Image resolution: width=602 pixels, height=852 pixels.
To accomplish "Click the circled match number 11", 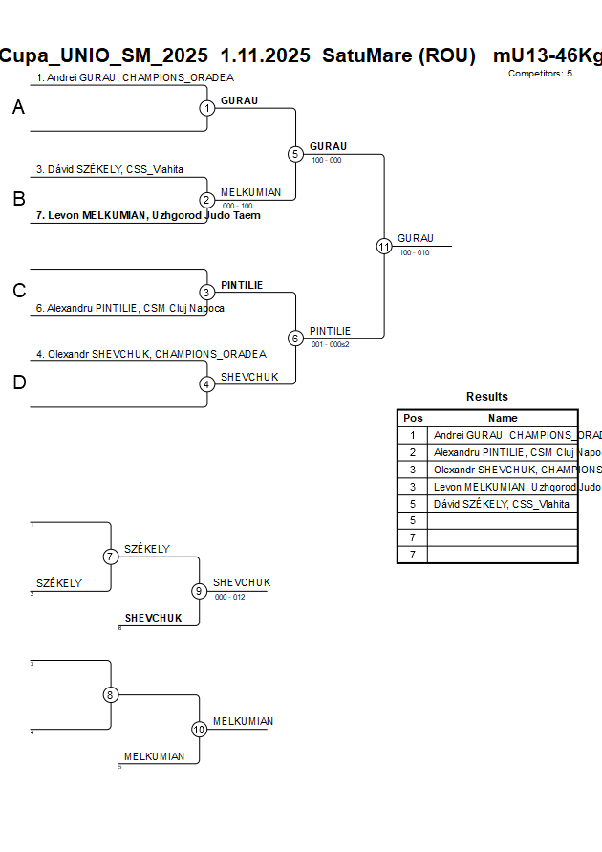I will (x=384, y=247).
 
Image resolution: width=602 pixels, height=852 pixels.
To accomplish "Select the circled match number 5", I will (x=295, y=154).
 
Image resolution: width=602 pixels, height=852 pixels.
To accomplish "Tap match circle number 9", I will (x=199, y=591).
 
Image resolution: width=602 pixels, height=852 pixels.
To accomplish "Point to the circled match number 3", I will (x=207, y=293).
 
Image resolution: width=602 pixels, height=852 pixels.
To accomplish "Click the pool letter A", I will (x=18, y=108).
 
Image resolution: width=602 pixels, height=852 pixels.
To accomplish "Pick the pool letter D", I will (x=18, y=383).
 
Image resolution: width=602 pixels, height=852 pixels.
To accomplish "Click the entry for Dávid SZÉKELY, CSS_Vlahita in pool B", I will (x=110, y=169).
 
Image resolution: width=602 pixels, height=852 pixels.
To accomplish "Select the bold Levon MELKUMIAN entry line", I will (x=148, y=215).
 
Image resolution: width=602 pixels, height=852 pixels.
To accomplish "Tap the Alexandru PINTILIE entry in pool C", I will (x=129, y=308).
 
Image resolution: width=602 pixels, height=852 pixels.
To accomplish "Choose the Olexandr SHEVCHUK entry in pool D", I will (x=151, y=354).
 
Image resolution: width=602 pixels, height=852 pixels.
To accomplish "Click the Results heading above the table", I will (x=487, y=397).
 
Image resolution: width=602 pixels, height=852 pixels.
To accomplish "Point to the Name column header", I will (x=503, y=418).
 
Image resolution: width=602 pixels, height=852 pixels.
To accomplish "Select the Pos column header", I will (x=413, y=418).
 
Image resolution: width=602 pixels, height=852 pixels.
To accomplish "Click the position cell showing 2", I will (x=413, y=452).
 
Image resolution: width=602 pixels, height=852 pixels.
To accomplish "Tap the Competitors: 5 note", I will (x=540, y=73).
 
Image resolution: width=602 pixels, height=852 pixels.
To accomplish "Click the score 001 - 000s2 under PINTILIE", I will (x=331, y=344).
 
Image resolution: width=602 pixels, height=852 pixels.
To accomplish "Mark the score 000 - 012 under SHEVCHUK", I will (x=229, y=597).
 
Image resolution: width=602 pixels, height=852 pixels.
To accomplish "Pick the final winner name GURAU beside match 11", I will (x=416, y=238).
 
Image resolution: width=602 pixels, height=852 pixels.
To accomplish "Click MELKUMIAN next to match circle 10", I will (x=243, y=721).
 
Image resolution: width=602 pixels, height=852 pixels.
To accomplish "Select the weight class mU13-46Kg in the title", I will (x=547, y=55).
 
